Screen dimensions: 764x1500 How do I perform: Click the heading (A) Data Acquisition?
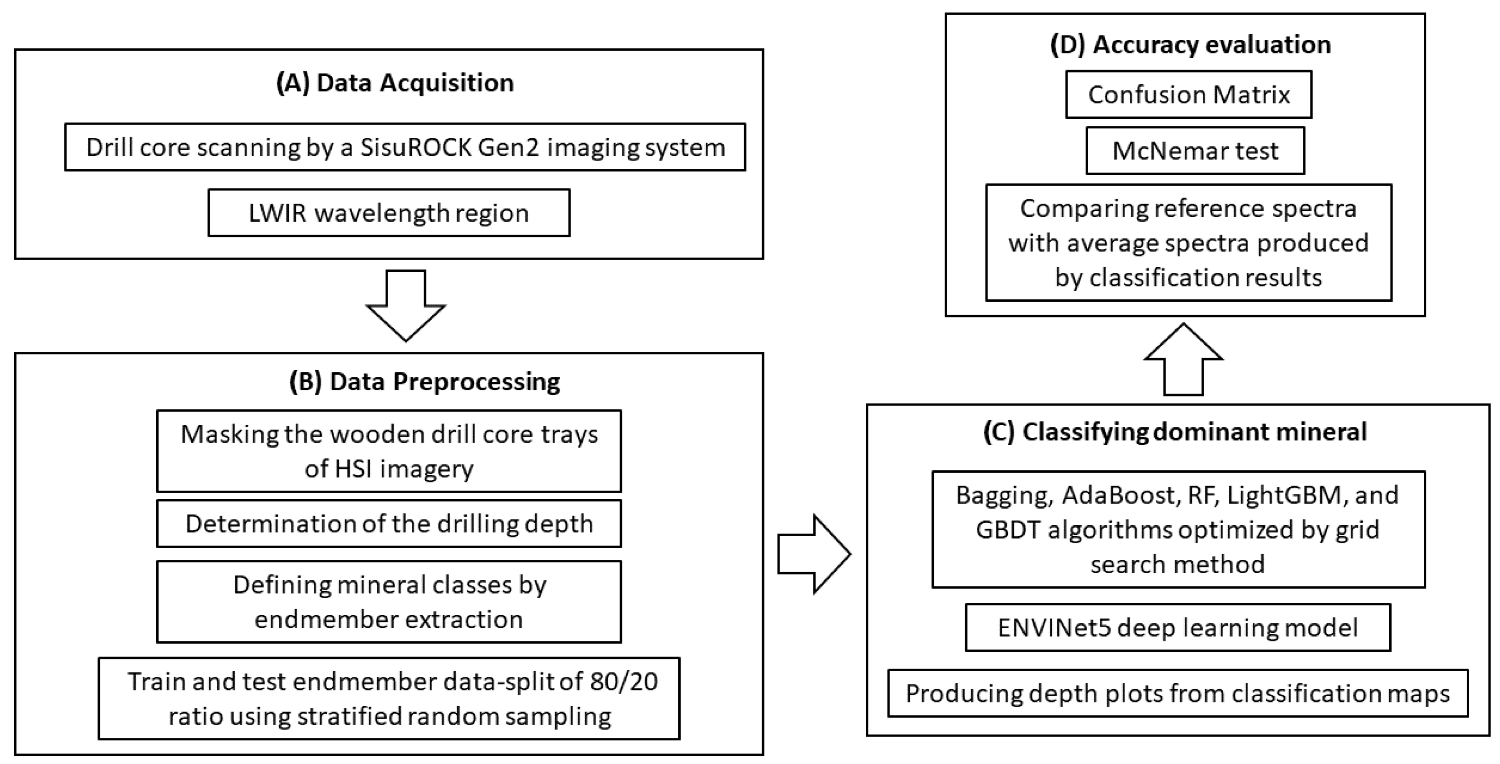[395, 83]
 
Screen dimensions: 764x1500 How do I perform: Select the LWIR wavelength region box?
[389, 213]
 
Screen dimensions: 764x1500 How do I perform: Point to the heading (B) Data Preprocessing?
[425, 382]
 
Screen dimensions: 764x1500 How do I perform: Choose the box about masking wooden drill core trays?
[389, 451]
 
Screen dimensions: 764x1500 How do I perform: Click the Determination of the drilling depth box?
[389, 523]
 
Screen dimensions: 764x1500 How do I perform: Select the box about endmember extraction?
[389, 602]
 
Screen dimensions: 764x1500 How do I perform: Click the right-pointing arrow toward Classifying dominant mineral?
[814, 554]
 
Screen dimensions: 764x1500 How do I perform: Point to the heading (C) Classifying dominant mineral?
[1174, 432]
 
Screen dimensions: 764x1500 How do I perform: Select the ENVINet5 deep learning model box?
[1177, 628]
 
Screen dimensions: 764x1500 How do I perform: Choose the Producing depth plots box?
[1177, 693]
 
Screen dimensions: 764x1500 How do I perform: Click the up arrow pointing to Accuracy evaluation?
[1183, 360]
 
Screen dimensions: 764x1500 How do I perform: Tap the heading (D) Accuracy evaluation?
[1190, 45]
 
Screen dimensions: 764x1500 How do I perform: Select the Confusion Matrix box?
[1189, 94]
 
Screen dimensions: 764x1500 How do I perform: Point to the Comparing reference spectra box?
[1189, 243]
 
